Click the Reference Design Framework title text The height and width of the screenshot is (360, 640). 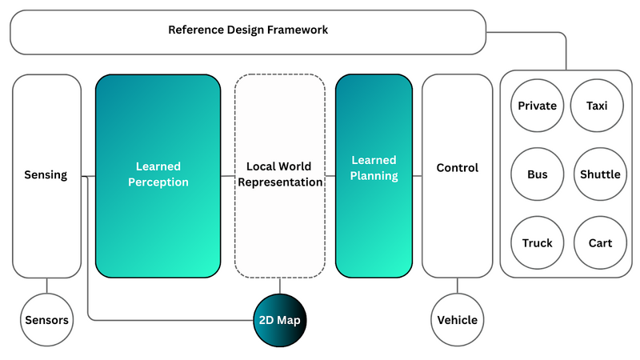(248, 30)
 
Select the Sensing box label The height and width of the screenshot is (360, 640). (45, 175)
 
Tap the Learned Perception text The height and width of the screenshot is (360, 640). (158, 174)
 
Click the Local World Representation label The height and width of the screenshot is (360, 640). (279, 174)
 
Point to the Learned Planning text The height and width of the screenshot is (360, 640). (374, 169)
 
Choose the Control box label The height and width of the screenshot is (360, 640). (457, 168)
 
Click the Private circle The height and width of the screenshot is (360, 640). (537, 106)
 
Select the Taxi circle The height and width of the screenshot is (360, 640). (597, 106)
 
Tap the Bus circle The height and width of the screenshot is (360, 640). (537, 174)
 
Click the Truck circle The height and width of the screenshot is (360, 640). (537, 243)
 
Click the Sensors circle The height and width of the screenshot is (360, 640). (46, 320)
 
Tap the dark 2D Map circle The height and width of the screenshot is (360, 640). (280, 320)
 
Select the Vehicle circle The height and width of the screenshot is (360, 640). (457, 320)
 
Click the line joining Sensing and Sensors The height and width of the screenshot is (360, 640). (46, 285)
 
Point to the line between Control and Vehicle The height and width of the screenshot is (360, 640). (457, 285)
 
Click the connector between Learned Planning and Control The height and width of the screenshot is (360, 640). (417, 175)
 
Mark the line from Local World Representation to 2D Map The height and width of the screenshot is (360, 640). (280, 285)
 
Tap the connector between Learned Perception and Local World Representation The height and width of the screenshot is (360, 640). (227, 175)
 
